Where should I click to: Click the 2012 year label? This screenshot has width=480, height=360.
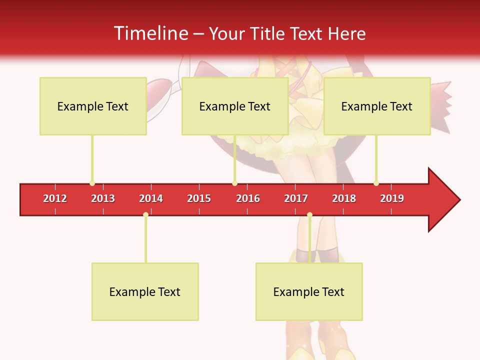(x=55, y=198)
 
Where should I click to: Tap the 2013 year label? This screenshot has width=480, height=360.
(x=103, y=198)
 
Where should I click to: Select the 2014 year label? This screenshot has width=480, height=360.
(x=151, y=198)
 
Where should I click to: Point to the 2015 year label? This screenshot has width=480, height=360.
(x=199, y=198)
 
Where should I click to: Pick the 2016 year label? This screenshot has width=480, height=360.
(x=248, y=198)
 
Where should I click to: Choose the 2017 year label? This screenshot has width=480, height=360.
(x=296, y=198)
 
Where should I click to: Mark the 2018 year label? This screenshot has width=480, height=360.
(x=344, y=198)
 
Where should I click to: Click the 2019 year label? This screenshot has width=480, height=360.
(x=392, y=198)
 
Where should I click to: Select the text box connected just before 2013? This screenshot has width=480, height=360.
(x=93, y=106)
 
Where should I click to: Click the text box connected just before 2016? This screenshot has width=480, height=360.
(x=235, y=106)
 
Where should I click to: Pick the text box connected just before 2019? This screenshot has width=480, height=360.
(x=377, y=106)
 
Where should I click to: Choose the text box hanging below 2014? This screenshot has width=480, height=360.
(x=145, y=291)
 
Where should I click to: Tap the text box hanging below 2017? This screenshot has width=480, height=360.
(x=309, y=291)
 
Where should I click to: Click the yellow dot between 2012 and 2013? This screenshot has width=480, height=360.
(x=92, y=183)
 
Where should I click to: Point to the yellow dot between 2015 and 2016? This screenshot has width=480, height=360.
(x=234, y=183)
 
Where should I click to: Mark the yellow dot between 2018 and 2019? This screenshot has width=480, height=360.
(x=376, y=183)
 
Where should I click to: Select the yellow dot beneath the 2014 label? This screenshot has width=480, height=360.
(x=145, y=215)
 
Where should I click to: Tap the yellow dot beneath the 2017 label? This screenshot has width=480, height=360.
(x=309, y=215)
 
